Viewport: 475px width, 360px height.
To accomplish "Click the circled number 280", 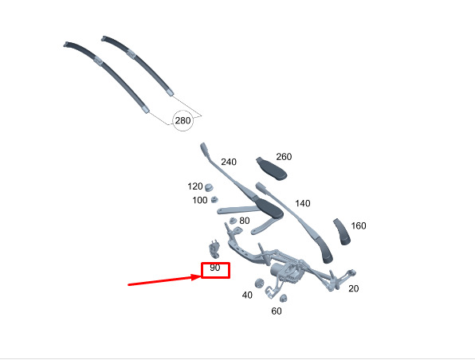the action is point(183,120).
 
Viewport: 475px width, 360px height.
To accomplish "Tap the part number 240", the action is point(229,162).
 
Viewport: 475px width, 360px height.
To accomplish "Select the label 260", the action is point(284,157).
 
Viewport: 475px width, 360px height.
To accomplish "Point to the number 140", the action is point(303,203).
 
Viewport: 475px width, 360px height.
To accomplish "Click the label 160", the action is point(359,225).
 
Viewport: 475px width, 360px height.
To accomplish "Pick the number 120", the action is point(195,186).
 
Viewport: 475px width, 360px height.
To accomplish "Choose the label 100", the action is point(200,200).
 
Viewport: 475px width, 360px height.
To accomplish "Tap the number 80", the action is point(245,221).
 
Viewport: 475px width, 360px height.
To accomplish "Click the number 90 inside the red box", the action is point(214,268).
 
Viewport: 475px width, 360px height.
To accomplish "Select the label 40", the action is point(247,295).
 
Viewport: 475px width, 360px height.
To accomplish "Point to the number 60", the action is point(277,311).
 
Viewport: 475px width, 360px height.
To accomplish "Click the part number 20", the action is point(354,288).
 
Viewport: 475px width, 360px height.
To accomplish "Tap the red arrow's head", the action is point(197,276).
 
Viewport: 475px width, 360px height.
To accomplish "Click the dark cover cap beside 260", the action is point(272,169).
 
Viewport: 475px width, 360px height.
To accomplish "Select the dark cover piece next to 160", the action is point(343,232).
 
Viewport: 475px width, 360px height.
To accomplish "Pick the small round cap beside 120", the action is point(209,187).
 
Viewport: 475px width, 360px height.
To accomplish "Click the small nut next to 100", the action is point(214,200).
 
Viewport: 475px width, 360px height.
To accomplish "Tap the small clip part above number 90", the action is point(214,248).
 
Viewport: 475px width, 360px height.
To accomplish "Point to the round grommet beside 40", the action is point(259,284).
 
